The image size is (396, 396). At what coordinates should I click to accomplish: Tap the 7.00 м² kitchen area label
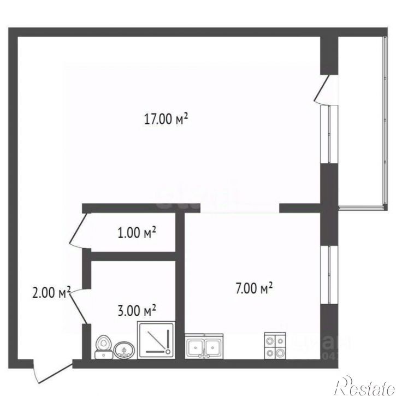[254, 288]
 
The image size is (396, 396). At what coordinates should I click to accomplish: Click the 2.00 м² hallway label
[52, 293]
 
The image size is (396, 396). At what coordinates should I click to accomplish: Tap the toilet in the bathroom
[102, 346]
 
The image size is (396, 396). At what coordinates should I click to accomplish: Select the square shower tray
[157, 341]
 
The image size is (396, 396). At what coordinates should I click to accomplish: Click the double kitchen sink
[204, 346]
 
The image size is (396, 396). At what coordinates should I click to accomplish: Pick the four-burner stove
[274, 346]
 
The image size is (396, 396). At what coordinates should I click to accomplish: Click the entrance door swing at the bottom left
[49, 373]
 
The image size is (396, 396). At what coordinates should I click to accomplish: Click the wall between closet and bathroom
[133, 255]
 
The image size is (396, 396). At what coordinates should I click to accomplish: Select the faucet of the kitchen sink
[204, 354]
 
